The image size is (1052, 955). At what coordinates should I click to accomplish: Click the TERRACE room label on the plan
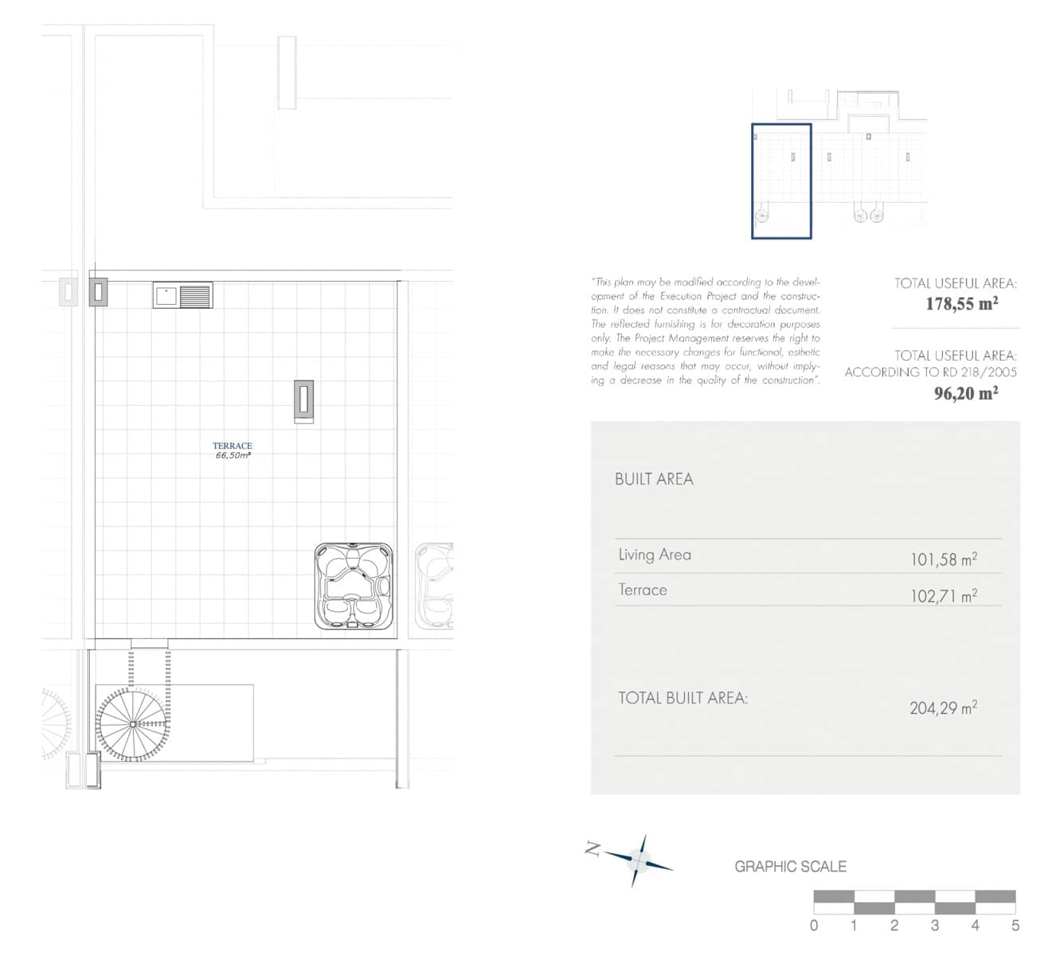[x=233, y=446]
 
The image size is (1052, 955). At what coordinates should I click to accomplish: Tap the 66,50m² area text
[x=233, y=455]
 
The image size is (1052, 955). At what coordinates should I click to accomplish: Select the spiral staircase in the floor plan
[x=133, y=724]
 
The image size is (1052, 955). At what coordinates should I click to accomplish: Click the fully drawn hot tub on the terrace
[x=354, y=586]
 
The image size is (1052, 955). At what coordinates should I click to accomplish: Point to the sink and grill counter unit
[x=183, y=295]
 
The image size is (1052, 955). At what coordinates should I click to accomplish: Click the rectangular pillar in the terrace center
[x=303, y=402]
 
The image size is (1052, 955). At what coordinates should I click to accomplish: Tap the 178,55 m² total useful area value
[x=962, y=303]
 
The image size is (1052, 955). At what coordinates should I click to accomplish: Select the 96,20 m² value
[x=966, y=393]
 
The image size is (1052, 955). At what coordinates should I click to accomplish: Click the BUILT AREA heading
[x=654, y=479]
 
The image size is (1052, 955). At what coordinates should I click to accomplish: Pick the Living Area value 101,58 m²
[x=944, y=559]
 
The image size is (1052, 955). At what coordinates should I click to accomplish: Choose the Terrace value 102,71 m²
[x=944, y=595]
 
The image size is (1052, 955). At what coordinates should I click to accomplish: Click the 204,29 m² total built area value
[x=944, y=707]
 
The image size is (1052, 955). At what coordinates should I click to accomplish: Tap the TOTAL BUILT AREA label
[x=682, y=698]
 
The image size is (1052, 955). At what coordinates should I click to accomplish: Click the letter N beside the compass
[x=592, y=848]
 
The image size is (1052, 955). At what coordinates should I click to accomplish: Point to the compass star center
[x=639, y=861]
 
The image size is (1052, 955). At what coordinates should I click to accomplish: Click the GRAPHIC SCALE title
[x=790, y=867]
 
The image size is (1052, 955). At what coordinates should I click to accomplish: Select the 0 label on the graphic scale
[x=814, y=925]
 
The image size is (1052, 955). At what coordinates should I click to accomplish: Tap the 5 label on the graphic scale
[x=1015, y=925]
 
